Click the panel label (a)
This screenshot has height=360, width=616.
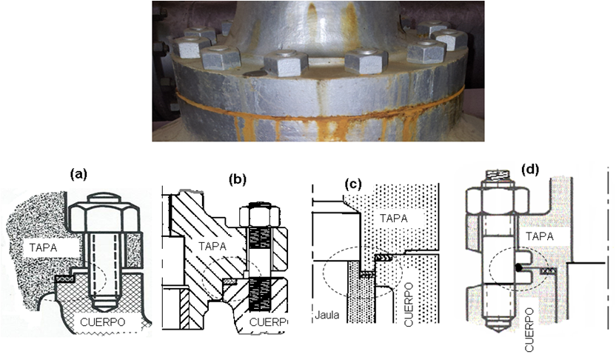tap(78, 173)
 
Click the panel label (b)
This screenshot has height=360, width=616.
tap(238, 179)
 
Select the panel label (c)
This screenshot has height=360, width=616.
tap(352, 184)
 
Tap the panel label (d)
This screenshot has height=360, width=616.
tap(530, 169)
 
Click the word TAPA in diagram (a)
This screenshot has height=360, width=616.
tap(43, 247)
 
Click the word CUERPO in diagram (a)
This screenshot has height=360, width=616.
tap(102, 322)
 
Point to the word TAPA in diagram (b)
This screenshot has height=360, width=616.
tap(212, 247)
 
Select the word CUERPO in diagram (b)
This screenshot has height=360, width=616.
tap(269, 322)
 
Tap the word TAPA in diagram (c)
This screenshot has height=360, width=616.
tap(393, 218)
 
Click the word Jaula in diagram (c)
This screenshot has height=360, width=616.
tap(327, 315)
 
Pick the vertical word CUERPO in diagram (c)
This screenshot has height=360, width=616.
tap(409, 304)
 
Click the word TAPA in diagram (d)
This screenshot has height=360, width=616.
tap(540, 236)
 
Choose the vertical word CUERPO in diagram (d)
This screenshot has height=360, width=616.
tap(530, 330)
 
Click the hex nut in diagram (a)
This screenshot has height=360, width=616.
tap(104, 214)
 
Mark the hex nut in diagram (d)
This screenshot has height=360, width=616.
tap(497, 201)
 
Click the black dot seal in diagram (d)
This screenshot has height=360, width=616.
tap(519, 267)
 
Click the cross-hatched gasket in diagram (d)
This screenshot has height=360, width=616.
tap(549, 271)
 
